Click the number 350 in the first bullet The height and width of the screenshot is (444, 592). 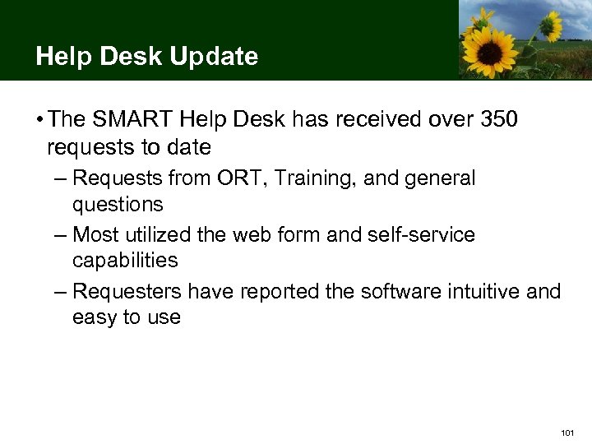point(500,120)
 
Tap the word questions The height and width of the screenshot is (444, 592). point(118,204)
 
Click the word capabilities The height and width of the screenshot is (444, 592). point(125,261)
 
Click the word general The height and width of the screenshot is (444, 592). point(442,178)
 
